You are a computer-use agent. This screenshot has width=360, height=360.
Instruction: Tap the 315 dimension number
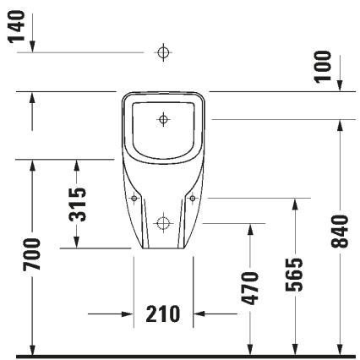point(77,205)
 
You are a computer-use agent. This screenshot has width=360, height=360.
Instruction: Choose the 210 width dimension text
point(163,314)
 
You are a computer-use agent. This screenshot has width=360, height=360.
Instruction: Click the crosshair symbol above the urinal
point(163,52)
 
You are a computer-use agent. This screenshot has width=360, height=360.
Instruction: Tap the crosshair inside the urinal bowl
point(162,118)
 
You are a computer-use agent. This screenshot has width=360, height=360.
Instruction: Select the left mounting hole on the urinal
point(134,199)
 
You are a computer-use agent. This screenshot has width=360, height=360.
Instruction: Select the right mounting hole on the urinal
point(193,199)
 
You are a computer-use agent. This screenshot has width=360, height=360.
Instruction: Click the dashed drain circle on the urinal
point(163,224)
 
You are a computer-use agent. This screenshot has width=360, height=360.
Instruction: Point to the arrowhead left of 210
point(128,314)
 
